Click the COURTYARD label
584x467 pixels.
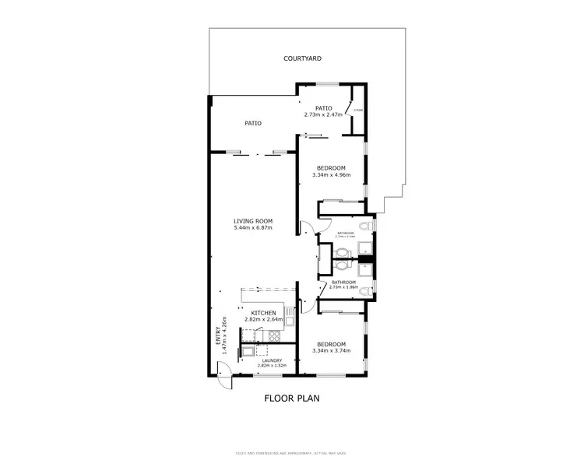(x=302, y=58)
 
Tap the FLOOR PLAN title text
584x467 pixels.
(x=292, y=398)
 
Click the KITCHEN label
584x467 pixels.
(x=263, y=312)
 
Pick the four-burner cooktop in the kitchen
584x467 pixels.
(x=273, y=335)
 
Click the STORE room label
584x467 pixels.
(x=358, y=111)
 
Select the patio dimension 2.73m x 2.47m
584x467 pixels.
(x=323, y=115)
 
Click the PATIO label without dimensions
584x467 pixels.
(x=253, y=123)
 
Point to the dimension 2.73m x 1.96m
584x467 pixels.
(x=344, y=287)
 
